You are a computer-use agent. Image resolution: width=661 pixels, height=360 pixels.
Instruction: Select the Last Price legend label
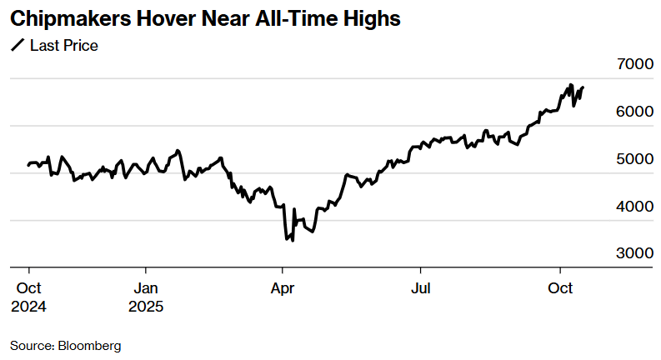click(64, 46)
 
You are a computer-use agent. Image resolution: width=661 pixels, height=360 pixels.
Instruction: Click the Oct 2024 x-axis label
click(28, 297)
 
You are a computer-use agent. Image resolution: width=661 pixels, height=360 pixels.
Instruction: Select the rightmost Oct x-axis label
click(560, 287)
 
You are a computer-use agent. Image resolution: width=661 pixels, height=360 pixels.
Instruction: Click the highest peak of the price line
click(570, 84)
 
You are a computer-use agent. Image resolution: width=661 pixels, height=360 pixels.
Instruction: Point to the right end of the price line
click(583, 87)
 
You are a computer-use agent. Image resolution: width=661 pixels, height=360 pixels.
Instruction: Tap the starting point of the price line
click(28, 165)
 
